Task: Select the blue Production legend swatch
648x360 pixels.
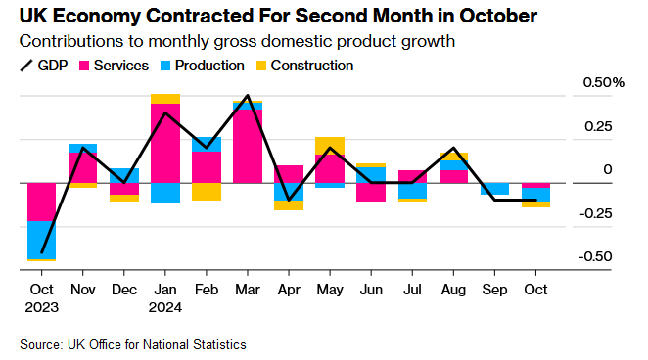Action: click(165, 66)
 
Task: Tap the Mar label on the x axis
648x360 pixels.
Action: click(247, 290)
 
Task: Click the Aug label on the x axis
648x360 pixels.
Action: click(452, 290)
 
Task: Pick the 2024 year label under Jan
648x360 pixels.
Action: click(165, 306)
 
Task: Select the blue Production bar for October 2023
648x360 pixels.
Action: click(41, 241)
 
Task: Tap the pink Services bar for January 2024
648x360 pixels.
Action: click(164, 143)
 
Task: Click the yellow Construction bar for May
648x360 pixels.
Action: click(329, 146)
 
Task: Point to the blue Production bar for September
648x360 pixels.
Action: click(494, 189)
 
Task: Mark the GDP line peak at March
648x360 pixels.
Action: click(247, 96)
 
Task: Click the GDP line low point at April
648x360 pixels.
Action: click(288, 200)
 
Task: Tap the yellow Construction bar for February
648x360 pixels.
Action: click(206, 192)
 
